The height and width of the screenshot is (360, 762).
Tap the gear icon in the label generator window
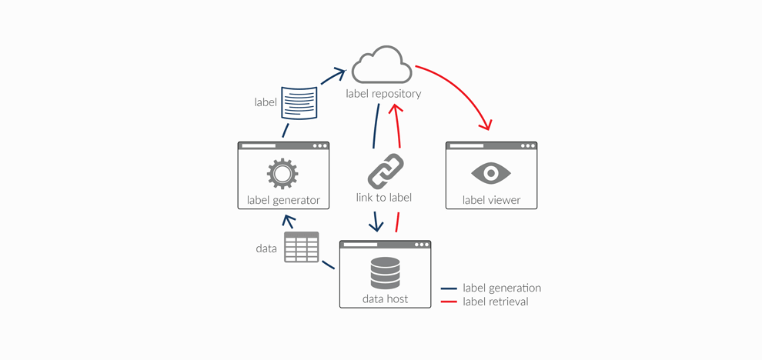pyautogui.click(x=282, y=174)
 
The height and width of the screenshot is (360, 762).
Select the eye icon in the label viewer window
pyautogui.click(x=491, y=173)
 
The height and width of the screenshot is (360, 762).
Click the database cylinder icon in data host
pyautogui.click(x=385, y=273)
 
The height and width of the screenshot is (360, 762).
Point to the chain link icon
pyautogui.click(x=385, y=171)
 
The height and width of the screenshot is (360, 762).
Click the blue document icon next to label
pyautogui.click(x=299, y=102)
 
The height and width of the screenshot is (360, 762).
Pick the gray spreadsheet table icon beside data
pyautogui.click(x=301, y=248)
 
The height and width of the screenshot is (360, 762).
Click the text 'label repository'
pyautogui.click(x=383, y=94)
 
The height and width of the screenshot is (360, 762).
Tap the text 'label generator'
pyautogui.click(x=283, y=200)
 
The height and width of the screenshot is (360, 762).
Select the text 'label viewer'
pyautogui.click(x=491, y=200)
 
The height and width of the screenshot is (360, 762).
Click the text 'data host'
pyautogui.click(x=385, y=298)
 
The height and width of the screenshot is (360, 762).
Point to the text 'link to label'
pyautogui.click(x=384, y=198)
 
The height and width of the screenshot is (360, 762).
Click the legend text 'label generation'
pyautogui.click(x=502, y=288)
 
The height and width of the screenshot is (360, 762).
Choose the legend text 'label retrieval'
pyautogui.click(x=496, y=302)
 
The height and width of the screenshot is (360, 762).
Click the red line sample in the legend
pyautogui.click(x=449, y=302)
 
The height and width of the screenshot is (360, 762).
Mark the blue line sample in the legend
pyautogui.click(x=449, y=288)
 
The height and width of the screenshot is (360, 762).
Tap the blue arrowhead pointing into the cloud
pyautogui.click(x=338, y=73)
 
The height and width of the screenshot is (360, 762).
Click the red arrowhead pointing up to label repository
pyautogui.click(x=397, y=109)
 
